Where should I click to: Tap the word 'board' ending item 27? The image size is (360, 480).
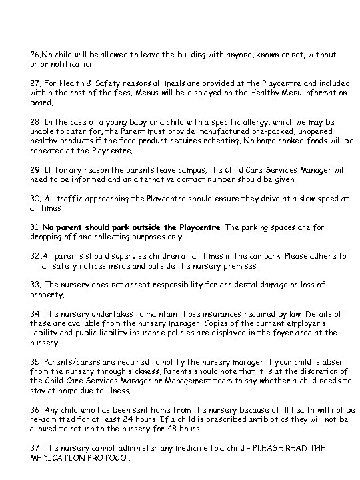tap(39, 103)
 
